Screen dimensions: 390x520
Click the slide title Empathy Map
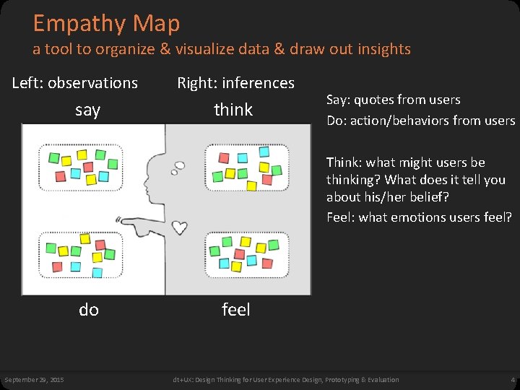106,24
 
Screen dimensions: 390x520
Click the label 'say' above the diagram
87,110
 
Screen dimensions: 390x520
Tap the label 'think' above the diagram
233,110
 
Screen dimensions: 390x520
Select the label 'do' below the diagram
89,310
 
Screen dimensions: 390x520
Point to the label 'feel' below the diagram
235,310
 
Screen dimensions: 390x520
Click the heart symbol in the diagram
179,227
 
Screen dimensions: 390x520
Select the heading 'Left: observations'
75,83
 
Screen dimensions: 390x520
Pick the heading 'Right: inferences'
236,83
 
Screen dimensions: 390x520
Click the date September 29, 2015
34,380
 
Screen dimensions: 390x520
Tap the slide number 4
511,380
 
